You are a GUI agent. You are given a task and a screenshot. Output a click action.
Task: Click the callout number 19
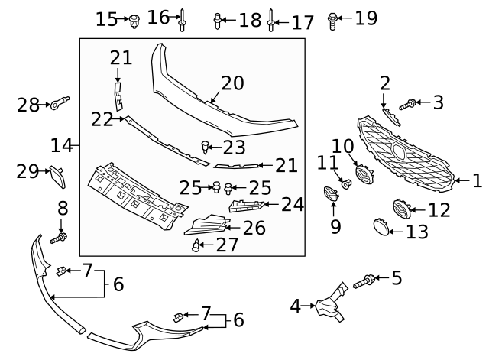coord(366,18)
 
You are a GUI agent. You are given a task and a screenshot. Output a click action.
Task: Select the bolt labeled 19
coord(333,20)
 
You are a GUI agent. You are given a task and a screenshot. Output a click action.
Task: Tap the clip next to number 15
coord(134,21)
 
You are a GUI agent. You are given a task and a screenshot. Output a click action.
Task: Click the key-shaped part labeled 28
coord(60,104)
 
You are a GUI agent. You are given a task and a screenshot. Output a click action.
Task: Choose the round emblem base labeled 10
coord(364,175)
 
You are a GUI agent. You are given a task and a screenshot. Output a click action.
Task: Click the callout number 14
coord(62,144)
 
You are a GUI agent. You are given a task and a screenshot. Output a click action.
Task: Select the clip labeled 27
coord(196,245)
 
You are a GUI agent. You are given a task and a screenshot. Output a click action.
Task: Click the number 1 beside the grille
coord(477,181)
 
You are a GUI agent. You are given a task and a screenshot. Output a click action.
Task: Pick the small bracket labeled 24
coord(246,205)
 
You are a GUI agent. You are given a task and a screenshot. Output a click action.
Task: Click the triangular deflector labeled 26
coord(207,226)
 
